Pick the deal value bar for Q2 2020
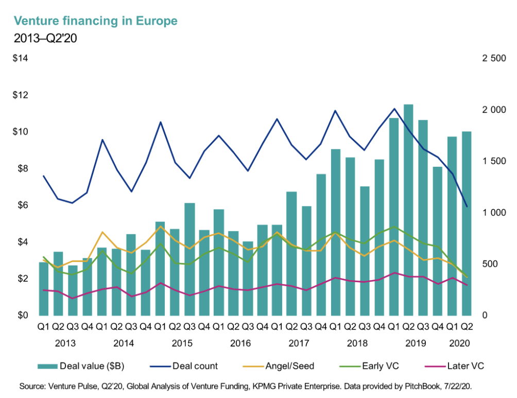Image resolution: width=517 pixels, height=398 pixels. coord(467,223)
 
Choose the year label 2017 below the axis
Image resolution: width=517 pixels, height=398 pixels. coord(298,343)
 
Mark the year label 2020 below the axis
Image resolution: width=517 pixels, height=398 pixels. coord(459,343)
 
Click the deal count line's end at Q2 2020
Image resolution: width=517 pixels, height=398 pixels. coord(467,207)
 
